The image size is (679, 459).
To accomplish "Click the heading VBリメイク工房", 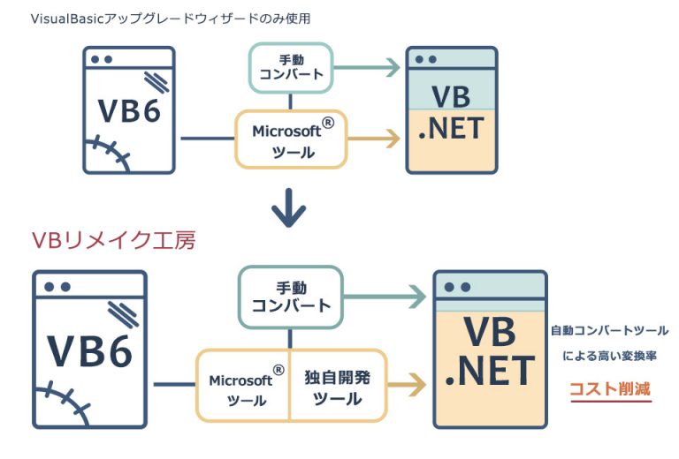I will point(113,239).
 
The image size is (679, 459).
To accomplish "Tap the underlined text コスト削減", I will point(610,388).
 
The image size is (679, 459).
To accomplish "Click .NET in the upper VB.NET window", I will point(451,129).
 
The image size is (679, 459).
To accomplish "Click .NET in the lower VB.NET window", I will point(490,369).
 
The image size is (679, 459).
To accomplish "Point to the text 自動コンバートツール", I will point(609,330).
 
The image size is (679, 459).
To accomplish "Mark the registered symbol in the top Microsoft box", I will point(328,124).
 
